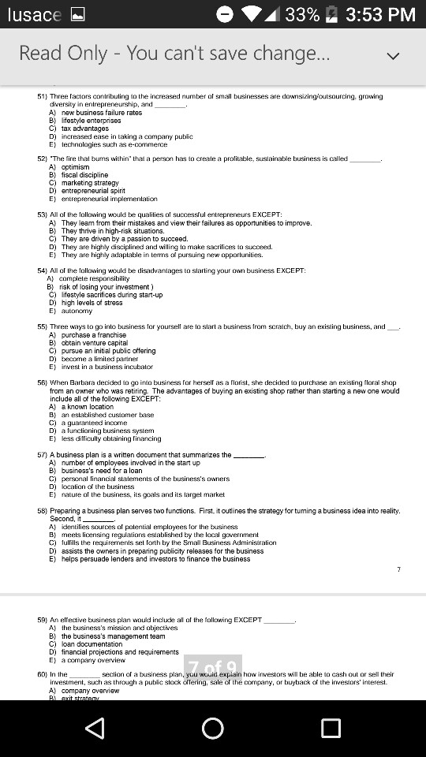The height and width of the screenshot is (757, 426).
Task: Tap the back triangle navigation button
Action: [x=95, y=727]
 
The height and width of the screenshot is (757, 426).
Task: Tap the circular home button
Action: [x=213, y=727]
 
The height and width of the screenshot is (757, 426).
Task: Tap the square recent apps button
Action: [x=331, y=727]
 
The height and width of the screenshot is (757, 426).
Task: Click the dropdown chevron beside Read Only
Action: [x=393, y=55]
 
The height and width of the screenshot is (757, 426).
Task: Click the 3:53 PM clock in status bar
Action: [x=380, y=14]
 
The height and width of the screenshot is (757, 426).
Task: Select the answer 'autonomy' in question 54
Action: [x=77, y=311]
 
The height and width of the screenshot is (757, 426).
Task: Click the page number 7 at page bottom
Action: [x=399, y=569]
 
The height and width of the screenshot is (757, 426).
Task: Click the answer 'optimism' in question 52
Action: [x=76, y=167]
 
